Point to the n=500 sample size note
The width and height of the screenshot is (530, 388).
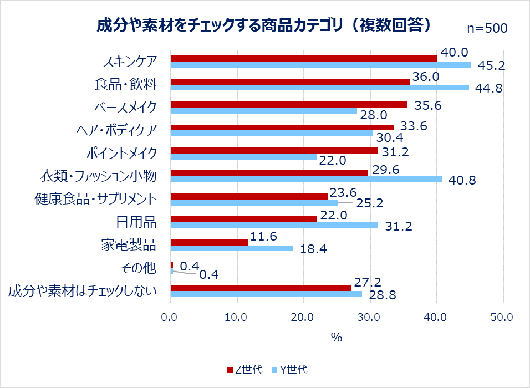coord(487,28)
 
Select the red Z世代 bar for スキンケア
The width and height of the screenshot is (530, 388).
coord(304,58)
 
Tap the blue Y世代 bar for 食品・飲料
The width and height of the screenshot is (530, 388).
coord(320,88)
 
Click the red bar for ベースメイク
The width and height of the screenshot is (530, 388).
coord(289,104)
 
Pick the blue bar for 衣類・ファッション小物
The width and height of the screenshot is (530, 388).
coord(307,179)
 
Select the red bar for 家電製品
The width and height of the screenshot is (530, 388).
coord(210,242)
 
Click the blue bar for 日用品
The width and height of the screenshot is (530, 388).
coord(274,225)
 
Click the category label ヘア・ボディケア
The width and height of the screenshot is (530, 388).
coord(116,130)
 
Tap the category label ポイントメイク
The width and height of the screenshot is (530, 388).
coord(121,153)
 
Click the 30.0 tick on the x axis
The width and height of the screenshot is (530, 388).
coord(370,318)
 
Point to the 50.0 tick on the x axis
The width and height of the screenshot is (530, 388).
coord(502,318)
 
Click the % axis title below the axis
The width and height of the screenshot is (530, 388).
coord(336,338)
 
